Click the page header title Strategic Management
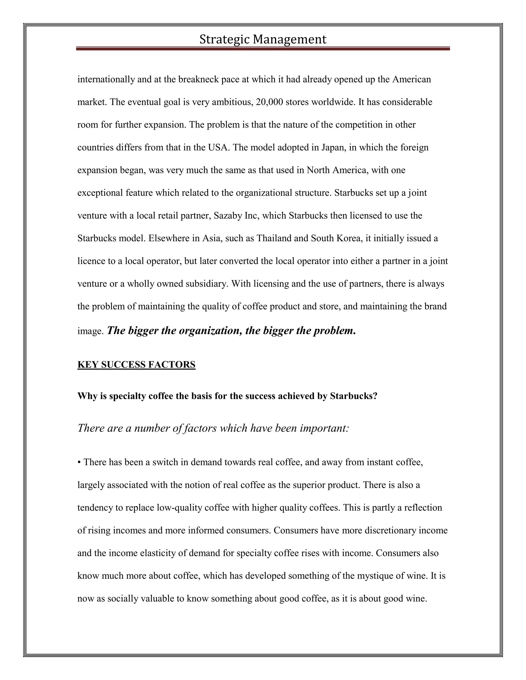point(263,40)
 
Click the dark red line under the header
point(263,48)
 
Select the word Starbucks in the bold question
point(353,396)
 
